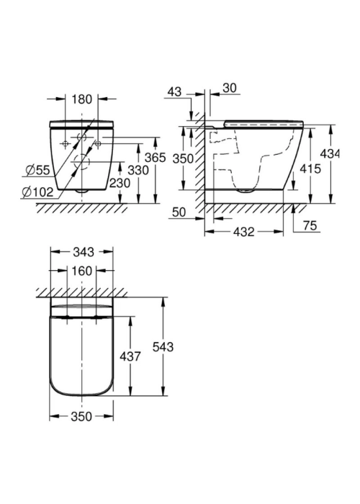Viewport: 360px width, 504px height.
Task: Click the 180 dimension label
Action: point(81,99)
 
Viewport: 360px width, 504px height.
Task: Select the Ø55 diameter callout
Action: point(38,171)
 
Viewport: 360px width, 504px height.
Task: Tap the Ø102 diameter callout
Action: point(37,192)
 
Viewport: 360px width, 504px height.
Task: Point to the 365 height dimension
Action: point(156,158)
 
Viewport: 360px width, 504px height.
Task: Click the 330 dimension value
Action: point(138,170)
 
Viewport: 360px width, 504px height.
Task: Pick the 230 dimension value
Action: point(120,183)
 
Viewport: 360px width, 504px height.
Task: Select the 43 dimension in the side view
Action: point(174,91)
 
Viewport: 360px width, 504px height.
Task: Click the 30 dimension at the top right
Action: point(230,88)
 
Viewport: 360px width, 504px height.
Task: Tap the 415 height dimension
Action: point(310,168)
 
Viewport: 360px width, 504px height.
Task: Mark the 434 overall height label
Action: point(330,154)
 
